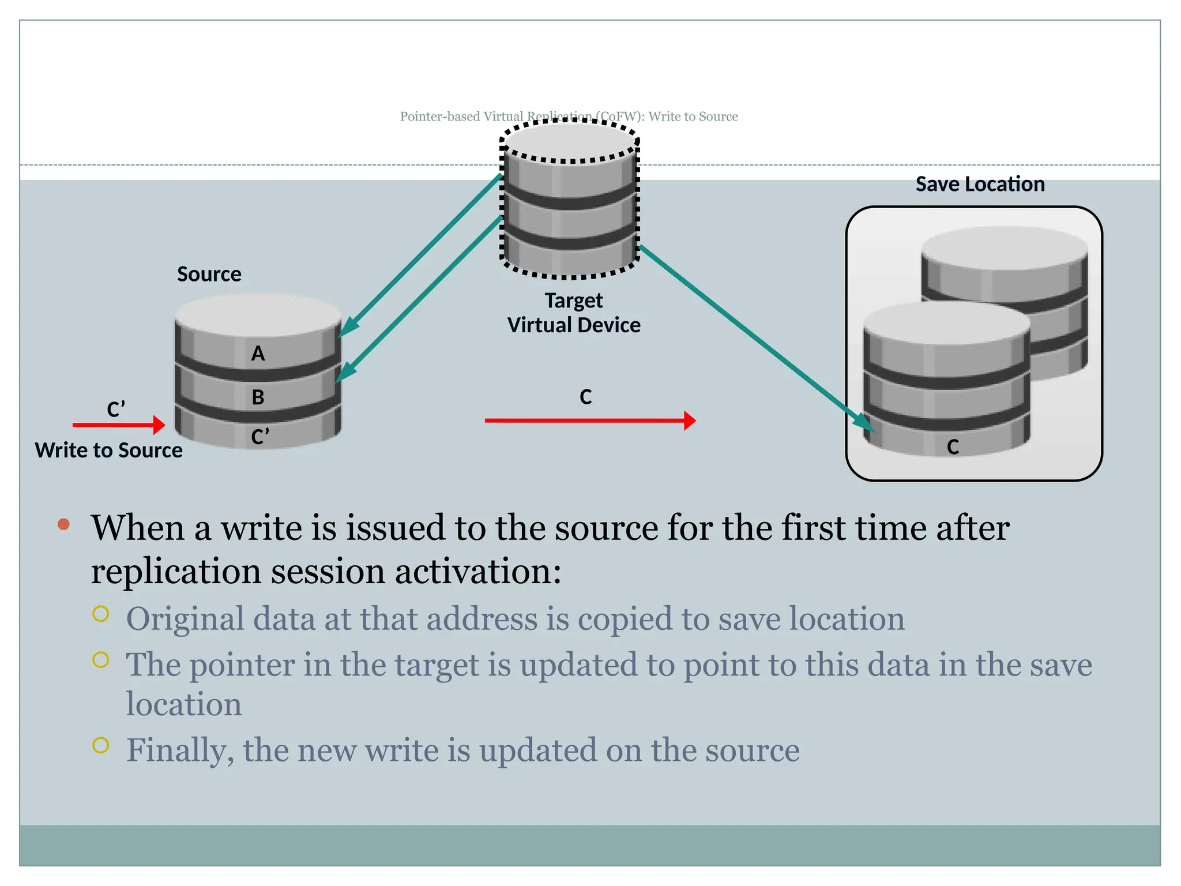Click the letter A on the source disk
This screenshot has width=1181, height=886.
click(x=258, y=353)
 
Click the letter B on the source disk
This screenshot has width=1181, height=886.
click(x=258, y=397)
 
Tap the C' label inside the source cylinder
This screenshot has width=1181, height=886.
click(x=259, y=437)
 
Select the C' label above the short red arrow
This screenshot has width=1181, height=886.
click(x=116, y=409)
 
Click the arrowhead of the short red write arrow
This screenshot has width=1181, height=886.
click(x=159, y=425)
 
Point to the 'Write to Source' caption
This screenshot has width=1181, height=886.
click(x=108, y=450)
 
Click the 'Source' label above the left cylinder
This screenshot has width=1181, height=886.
click(x=209, y=274)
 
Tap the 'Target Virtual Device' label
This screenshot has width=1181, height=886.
click(x=574, y=313)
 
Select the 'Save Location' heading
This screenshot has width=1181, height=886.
click(x=980, y=184)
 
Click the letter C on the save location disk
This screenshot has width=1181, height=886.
click(x=953, y=446)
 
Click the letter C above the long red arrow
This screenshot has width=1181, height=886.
click(x=585, y=397)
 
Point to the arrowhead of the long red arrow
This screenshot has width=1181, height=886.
click(x=690, y=421)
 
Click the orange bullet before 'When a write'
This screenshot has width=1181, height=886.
click(x=63, y=524)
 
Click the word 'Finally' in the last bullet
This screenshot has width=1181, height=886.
click(x=176, y=750)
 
